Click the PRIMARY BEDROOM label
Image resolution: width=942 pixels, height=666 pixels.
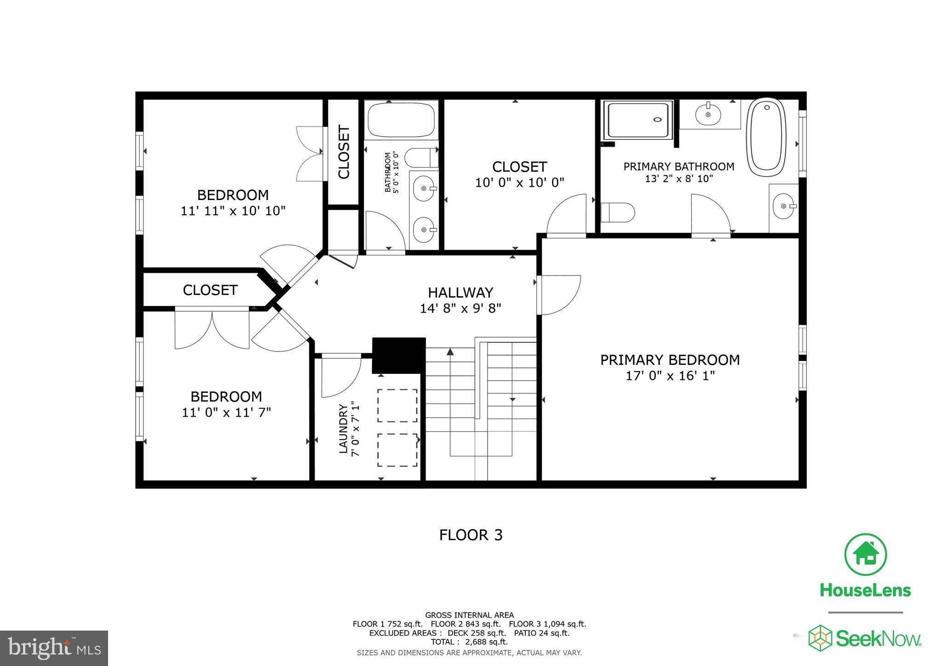click(x=670, y=360)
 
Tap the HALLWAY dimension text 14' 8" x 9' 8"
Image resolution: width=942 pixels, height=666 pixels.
click(x=460, y=308)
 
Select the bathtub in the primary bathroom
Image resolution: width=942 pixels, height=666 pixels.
click(x=766, y=137)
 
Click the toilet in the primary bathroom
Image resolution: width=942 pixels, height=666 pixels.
click(x=617, y=212)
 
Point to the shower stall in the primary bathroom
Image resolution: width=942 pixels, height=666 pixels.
click(x=638, y=120)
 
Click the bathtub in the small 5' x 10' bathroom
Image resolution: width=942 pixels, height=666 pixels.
click(x=401, y=120)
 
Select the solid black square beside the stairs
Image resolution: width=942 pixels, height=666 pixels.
click(x=398, y=356)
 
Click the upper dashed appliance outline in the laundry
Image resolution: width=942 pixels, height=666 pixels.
click(x=397, y=405)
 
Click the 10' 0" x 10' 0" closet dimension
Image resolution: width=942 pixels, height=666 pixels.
click(x=519, y=183)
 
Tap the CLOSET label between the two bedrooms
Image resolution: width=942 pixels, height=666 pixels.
click(x=210, y=290)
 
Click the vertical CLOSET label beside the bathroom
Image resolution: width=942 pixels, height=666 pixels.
click(x=344, y=152)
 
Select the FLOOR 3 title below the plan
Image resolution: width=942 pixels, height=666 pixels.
click(x=471, y=535)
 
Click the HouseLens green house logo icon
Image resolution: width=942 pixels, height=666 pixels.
click(x=865, y=554)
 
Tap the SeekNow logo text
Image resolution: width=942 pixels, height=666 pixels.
click(x=877, y=639)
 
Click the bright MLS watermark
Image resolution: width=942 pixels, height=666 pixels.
click(x=54, y=648)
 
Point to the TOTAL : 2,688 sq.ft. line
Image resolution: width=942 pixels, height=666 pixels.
click(x=469, y=642)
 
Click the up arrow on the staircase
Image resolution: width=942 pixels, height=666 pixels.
click(x=450, y=352)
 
